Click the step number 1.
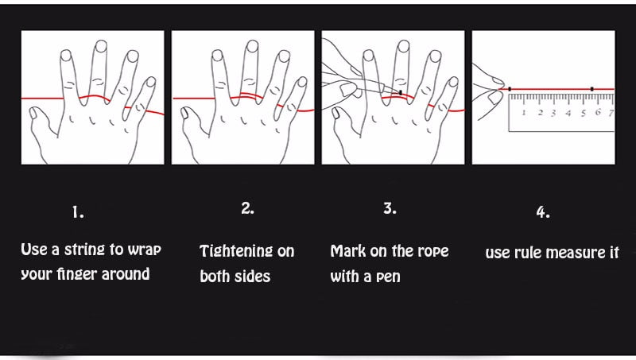(x=77, y=212)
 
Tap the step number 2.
(x=247, y=208)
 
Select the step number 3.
(x=390, y=208)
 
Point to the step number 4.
(x=543, y=211)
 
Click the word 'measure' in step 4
(x=576, y=253)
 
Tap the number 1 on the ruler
(x=524, y=112)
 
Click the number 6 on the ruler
(x=598, y=112)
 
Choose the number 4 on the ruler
(x=568, y=113)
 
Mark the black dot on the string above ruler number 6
(x=591, y=89)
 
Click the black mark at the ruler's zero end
(x=510, y=89)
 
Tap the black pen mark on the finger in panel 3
(x=401, y=93)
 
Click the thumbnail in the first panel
(x=34, y=112)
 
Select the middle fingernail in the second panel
(x=252, y=46)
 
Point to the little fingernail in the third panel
(x=453, y=82)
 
